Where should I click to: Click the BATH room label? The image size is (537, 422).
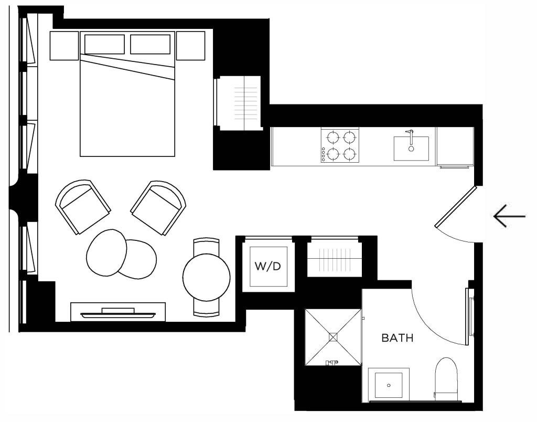point(398,338)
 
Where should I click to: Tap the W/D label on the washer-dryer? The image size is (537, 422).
point(268,266)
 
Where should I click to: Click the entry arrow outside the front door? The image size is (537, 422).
point(509,216)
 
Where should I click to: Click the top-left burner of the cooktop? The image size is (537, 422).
point(332,138)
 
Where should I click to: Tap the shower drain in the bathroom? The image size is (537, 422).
point(333,337)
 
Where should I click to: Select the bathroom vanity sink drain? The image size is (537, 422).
point(389,385)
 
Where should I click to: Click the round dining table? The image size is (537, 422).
point(207,277)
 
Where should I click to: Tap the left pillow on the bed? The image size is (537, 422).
point(104,44)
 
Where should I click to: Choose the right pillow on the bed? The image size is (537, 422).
point(151,44)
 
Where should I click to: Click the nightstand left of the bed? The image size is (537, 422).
point(65,46)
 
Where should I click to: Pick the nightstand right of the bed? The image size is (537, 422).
point(191,46)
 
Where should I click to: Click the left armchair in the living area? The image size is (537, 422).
point(83,207)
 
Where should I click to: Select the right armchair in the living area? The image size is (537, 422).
point(158,208)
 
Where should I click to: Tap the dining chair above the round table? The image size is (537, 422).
point(206,246)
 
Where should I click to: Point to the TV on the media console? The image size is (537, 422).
point(118,312)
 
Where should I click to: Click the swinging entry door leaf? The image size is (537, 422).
point(456,207)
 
